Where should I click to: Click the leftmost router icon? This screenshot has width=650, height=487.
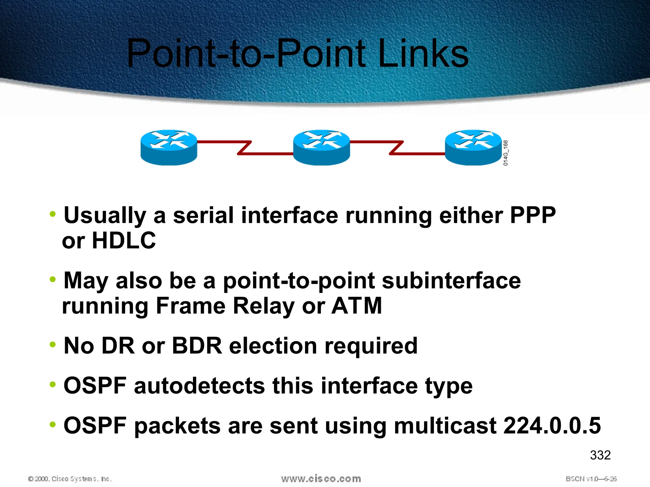[169, 147]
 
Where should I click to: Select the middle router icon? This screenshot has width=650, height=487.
[321, 147]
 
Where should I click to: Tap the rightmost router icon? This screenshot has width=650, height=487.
[473, 147]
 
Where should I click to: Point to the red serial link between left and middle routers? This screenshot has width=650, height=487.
[244, 148]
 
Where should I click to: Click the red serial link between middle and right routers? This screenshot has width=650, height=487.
[397, 148]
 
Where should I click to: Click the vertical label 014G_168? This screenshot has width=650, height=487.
[506, 153]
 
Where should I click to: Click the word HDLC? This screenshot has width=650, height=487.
[124, 241]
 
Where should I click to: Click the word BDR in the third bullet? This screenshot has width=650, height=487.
[196, 346]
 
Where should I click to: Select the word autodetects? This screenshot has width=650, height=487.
[199, 386]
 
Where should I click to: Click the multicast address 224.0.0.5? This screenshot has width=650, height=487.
[552, 425]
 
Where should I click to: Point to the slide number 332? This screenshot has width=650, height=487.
[600, 455]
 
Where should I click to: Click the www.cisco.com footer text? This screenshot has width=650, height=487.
[321, 479]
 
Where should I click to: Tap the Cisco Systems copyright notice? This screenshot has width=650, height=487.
[70, 479]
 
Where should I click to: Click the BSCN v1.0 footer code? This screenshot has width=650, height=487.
[591, 479]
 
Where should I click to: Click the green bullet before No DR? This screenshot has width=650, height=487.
[53, 344]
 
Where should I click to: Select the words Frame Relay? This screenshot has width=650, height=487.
[225, 306]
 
